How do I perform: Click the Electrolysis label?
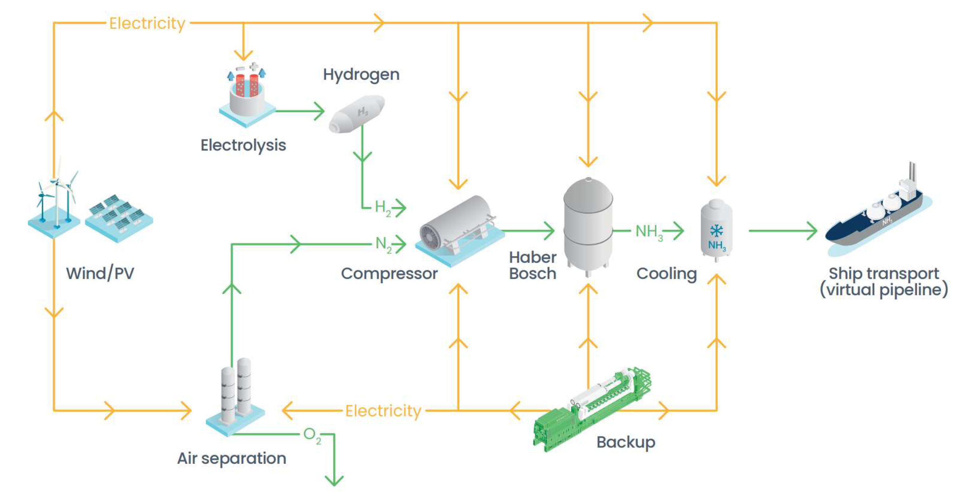tap(243, 145)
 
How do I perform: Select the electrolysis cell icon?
tap(246, 95)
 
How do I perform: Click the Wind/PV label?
tap(100, 273)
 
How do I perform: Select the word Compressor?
tap(389, 273)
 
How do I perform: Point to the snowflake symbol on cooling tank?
tap(716, 231)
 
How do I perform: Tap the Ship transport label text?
tap(883, 282)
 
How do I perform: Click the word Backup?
tap(626, 442)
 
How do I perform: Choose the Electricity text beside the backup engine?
tap(383, 411)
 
